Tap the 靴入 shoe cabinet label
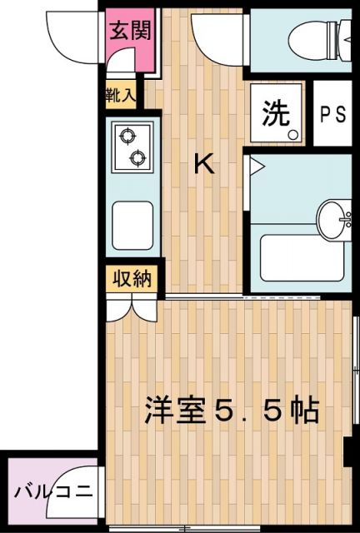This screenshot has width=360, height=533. click(122, 94)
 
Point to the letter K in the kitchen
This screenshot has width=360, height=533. click(204, 164)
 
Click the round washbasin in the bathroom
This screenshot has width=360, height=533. click(335, 218)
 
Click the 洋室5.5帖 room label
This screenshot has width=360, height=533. click(232, 411)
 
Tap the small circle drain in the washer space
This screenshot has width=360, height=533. click(292, 133)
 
